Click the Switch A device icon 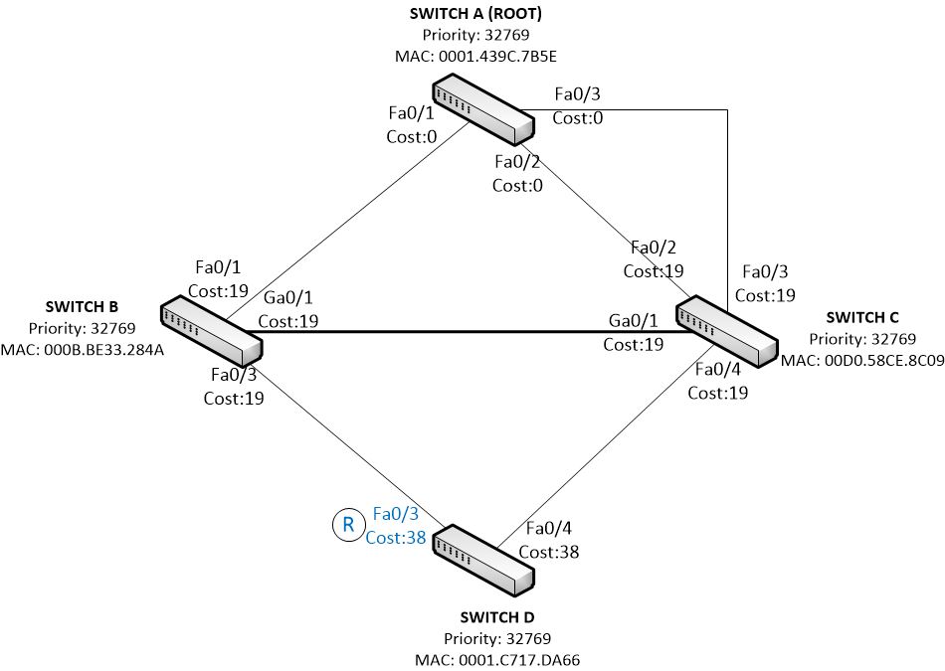tap(483, 109)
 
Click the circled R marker tap(348, 525)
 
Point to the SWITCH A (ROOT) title tap(475, 13)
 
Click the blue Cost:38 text tap(395, 537)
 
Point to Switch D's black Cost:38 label tap(548, 552)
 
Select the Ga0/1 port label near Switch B tap(288, 297)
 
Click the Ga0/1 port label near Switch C tap(633, 320)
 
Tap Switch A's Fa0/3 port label tap(577, 94)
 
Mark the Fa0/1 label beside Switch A tap(411, 112)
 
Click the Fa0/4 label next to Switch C tap(718, 369)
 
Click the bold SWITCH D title tap(497, 617)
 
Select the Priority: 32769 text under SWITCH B tap(82, 328)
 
